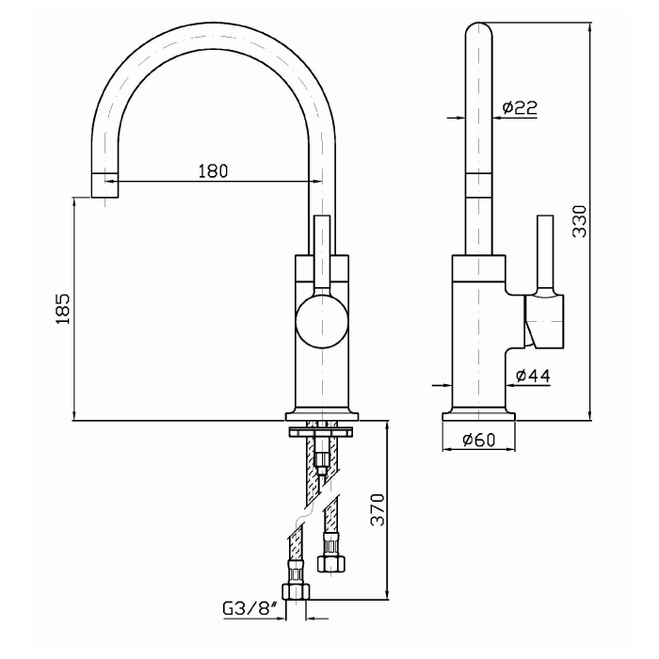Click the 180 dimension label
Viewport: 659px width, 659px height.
click(214, 170)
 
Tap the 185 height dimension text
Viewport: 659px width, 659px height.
click(63, 309)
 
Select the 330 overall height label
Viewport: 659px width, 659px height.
click(580, 220)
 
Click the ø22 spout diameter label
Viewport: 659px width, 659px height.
click(520, 108)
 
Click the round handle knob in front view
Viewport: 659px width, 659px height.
click(322, 321)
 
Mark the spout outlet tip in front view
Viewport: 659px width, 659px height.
click(104, 186)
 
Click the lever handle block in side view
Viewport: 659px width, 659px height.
click(545, 321)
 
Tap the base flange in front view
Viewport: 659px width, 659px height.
click(322, 414)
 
